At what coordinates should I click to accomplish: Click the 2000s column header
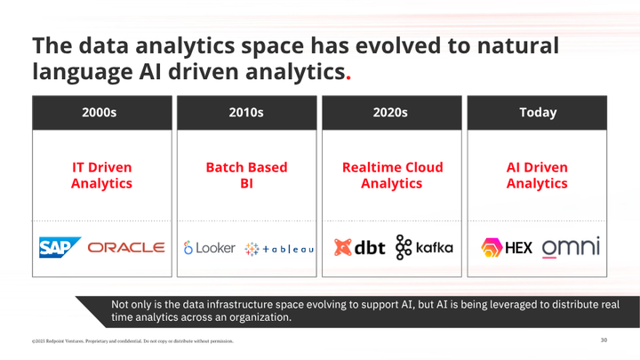[x=102, y=112]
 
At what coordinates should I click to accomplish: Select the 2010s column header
[x=246, y=112]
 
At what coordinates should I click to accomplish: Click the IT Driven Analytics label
[x=102, y=175]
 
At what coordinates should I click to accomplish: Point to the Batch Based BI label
[x=246, y=175]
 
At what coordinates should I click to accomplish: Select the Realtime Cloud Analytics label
[x=392, y=175]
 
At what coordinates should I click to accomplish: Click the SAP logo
[x=60, y=244]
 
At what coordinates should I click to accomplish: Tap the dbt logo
[x=362, y=245]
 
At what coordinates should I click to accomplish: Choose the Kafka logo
[x=423, y=245]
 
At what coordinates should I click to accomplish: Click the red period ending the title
[x=348, y=76]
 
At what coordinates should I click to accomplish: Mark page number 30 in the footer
[x=604, y=340]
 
